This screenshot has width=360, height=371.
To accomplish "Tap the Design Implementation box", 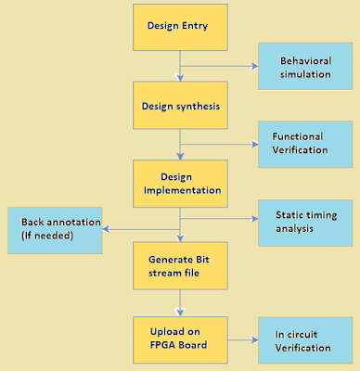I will pyautogui.click(x=180, y=182).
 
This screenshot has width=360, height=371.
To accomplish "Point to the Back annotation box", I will pyautogui.click(x=53, y=230).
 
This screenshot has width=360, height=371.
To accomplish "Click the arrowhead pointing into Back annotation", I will pyautogui.click(x=105, y=228).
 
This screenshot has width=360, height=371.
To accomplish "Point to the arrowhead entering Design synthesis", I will pyautogui.click(x=180, y=77).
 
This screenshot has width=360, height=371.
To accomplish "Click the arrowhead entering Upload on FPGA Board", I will pyautogui.click(x=180, y=310).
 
